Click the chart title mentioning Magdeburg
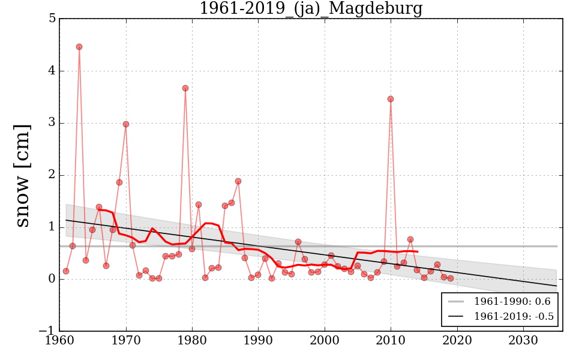coord(311,9)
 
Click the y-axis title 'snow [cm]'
coord(22,175)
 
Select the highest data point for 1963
coord(79,47)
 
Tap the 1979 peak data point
coord(185,88)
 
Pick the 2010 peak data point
coord(391,99)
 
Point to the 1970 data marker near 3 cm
coord(126,124)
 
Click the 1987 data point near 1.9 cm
coord(238,181)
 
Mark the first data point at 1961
coord(66,271)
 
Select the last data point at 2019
coord(451,278)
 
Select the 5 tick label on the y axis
coord(52,19)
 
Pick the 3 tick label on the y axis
coord(52,123)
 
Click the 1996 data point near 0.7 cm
coord(298,242)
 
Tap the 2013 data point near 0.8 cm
coord(410,239)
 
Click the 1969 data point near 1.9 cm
coord(119,182)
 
